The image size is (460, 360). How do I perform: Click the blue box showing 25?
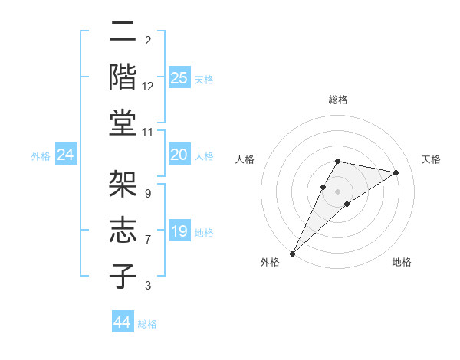[x=179, y=78]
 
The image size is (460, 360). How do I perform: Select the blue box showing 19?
[x=179, y=231]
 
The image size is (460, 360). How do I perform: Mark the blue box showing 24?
[x=66, y=155]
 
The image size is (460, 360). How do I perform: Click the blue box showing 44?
[x=123, y=323]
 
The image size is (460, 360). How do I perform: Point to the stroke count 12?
[x=148, y=87]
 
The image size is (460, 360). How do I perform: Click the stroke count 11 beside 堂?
[x=147, y=133]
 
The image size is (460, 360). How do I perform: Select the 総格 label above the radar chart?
[x=337, y=100]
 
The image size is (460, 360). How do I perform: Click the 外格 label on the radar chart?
[x=270, y=263]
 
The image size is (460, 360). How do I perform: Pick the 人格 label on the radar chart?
[x=246, y=159]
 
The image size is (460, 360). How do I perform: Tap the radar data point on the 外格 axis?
[x=293, y=253]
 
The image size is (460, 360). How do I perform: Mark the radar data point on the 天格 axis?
[x=396, y=172]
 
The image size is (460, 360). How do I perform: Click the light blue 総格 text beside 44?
[x=147, y=324]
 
